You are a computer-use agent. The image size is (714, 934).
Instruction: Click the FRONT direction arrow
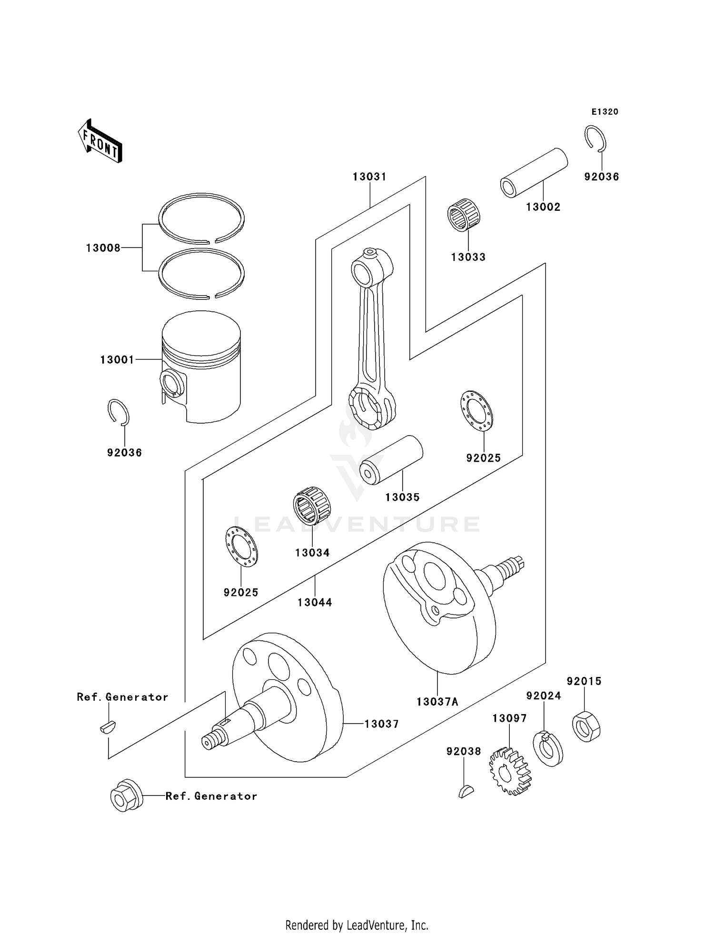click(x=100, y=141)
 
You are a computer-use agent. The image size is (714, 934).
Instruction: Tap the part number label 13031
click(x=369, y=177)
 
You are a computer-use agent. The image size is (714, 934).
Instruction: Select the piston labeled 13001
click(x=201, y=367)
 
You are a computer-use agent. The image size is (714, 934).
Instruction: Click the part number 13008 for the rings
click(x=103, y=248)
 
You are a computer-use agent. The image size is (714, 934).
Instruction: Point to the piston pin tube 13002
click(x=534, y=173)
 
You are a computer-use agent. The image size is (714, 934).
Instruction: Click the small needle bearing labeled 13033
click(x=464, y=215)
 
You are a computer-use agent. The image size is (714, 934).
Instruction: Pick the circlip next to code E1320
click(x=595, y=139)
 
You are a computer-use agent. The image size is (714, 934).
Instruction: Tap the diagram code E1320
click(x=605, y=112)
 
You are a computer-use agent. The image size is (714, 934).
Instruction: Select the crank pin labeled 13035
click(x=391, y=460)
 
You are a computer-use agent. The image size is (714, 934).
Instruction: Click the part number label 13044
click(x=315, y=602)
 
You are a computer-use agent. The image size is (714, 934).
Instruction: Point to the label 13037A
click(x=437, y=702)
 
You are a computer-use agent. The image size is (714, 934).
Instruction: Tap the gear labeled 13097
click(x=510, y=771)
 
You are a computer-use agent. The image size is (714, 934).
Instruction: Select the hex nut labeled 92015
click(x=586, y=726)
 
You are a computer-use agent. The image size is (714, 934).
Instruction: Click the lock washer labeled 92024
click(x=548, y=748)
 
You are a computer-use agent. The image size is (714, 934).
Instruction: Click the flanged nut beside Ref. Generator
click(x=126, y=795)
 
